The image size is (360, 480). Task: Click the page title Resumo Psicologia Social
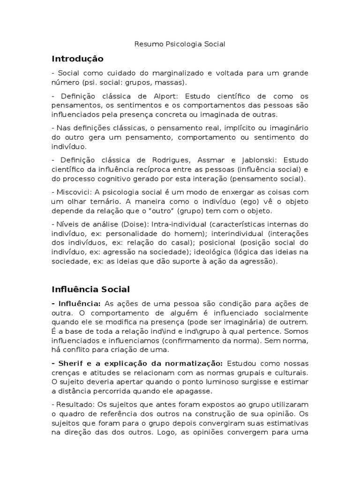coord(180,44)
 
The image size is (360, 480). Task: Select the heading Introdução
coord(77,59)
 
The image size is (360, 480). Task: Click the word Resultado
coord(74,404)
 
